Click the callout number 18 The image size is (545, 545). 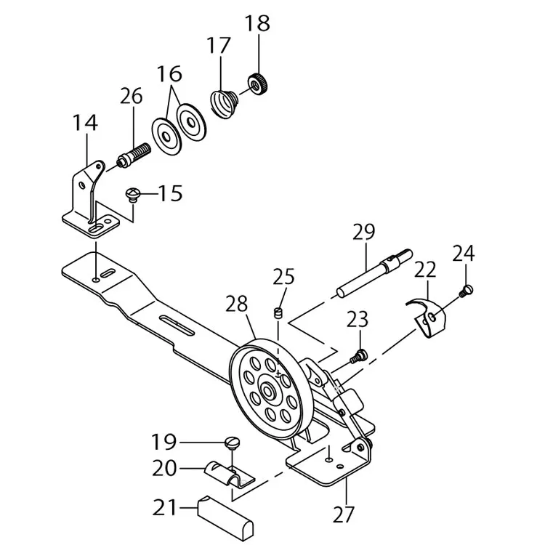pyautogui.click(x=257, y=23)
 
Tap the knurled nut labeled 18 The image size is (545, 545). pyautogui.click(x=258, y=84)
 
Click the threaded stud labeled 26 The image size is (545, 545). pyautogui.click(x=133, y=156)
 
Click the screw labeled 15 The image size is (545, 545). pyautogui.click(x=132, y=195)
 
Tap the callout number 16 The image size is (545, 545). pyautogui.click(x=169, y=73)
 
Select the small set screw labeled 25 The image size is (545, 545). pyautogui.click(x=278, y=312)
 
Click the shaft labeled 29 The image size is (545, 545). pyautogui.click(x=374, y=273)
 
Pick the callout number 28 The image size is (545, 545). pyautogui.click(x=236, y=304)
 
